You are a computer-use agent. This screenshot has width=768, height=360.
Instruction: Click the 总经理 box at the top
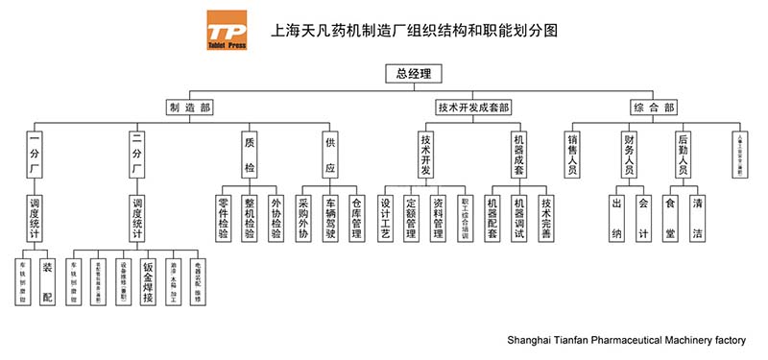pyautogui.click(x=412, y=73)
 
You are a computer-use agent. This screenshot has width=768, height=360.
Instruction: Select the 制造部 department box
pyautogui.click(x=188, y=108)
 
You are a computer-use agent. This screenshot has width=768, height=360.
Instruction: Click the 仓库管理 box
pyautogui.click(x=357, y=218)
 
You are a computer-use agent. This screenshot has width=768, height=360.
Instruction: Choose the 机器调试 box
pyautogui.click(x=519, y=218)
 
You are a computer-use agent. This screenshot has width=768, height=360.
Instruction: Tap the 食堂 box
pyautogui.click(x=670, y=218)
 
